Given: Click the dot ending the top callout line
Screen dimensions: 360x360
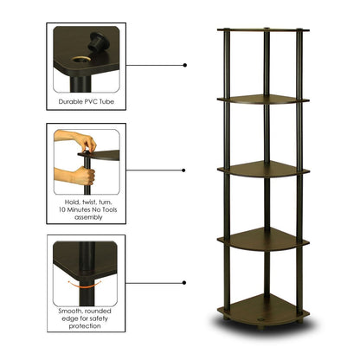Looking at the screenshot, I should pos(186,63).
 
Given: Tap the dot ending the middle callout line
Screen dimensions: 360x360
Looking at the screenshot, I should pos(186,170).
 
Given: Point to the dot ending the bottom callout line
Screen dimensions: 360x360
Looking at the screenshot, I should pos(186,282).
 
